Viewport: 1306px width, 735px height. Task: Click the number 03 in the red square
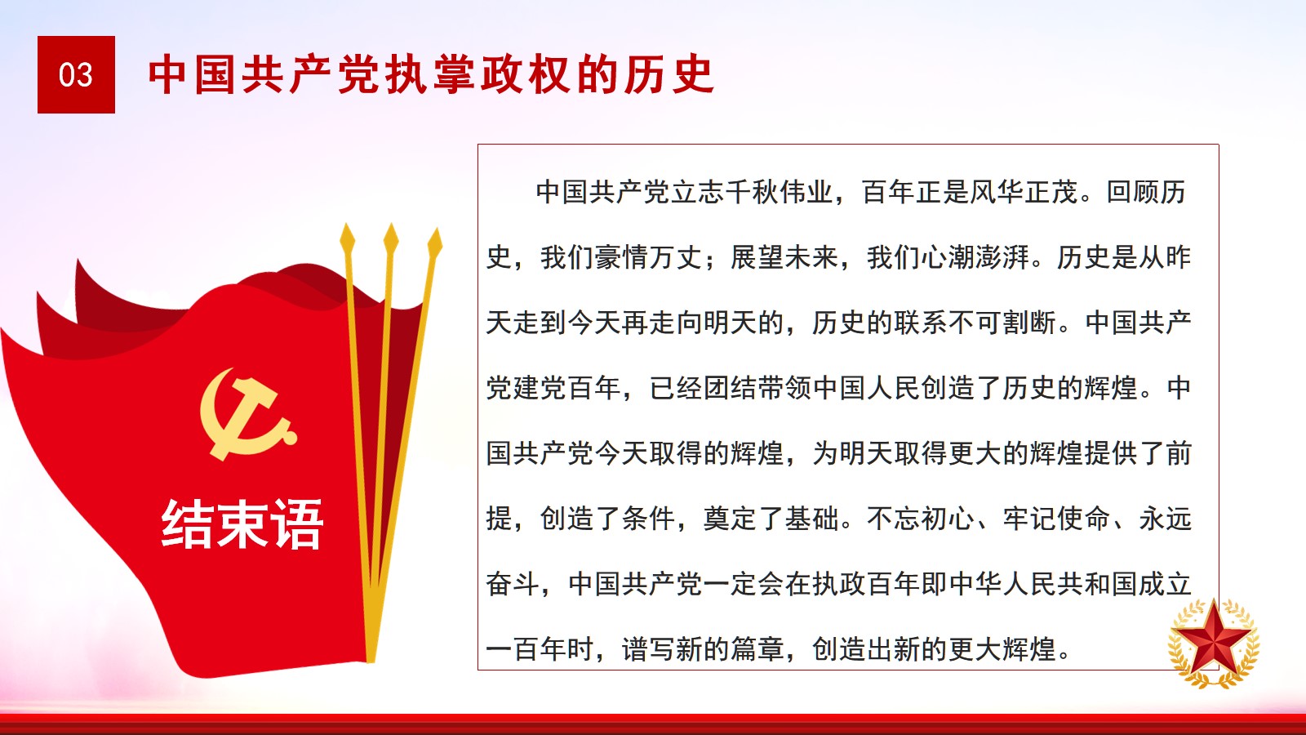pyautogui.click(x=76, y=75)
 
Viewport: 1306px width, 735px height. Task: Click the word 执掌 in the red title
pyautogui.click(x=433, y=74)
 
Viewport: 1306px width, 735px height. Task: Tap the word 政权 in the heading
pyautogui.click(x=527, y=74)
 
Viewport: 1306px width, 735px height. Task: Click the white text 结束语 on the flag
pyautogui.click(x=242, y=523)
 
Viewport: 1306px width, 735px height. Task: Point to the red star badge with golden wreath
pyautogui.click(x=1214, y=643)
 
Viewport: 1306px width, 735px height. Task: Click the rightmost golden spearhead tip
pyautogui.click(x=437, y=228)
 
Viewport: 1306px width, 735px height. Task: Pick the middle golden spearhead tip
pyautogui.click(x=391, y=224)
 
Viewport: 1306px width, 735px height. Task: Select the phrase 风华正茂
pyautogui.click(x=1024, y=192)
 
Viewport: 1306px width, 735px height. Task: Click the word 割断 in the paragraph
pyautogui.click(x=1029, y=323)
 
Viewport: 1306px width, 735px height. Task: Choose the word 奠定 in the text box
pyautogui.click(x=730, y=518)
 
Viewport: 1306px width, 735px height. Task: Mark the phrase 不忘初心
pyautogui.click(x=921, y=518)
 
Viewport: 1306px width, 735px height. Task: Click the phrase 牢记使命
pyautogui.click(x=1056, y=518)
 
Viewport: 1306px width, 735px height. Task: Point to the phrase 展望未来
pyautogui.click(x=784, y=257)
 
